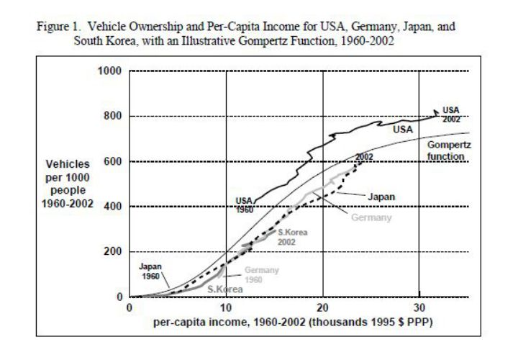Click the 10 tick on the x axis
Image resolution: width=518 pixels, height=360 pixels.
point(226,307)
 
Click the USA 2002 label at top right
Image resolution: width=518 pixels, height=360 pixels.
point(451,114)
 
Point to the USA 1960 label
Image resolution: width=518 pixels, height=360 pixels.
point(245,205)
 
